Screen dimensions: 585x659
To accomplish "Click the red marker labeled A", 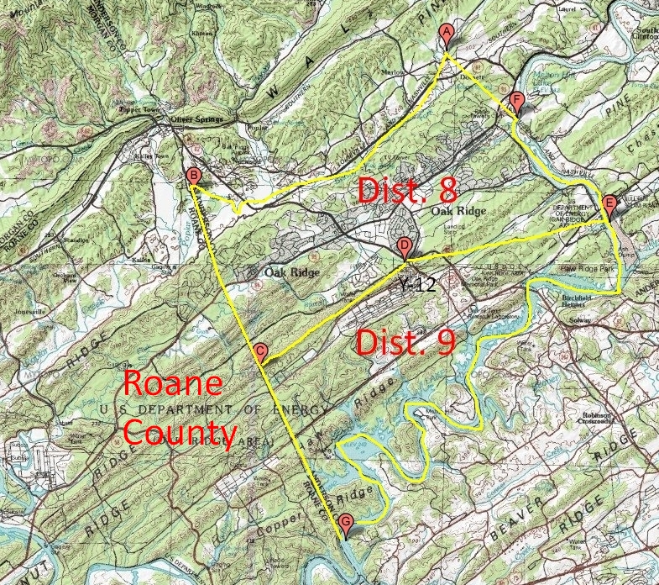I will (447, 34).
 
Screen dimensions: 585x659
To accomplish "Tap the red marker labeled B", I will (194, 176).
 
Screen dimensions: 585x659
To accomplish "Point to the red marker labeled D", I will (405, 246).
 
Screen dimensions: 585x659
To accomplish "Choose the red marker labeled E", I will (609, 203).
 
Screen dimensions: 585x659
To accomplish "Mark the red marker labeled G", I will (346, 522).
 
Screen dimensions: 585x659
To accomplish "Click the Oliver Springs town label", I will (197, 119).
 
